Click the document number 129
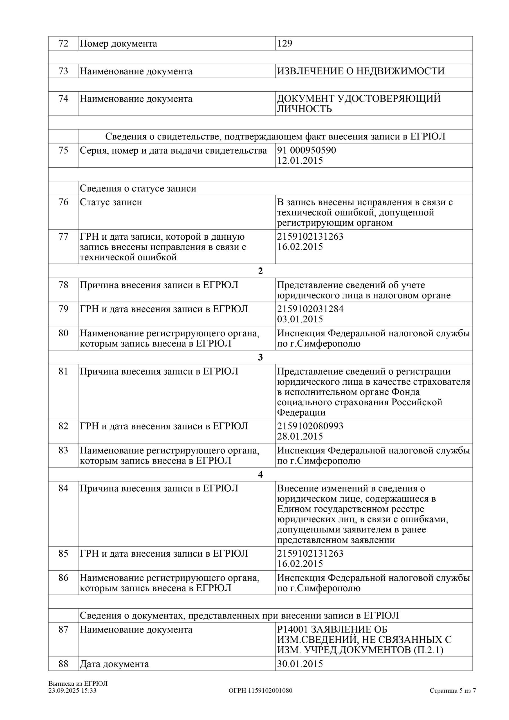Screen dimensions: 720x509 pyautogui.click(x=285, y=43)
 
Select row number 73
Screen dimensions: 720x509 pyautogui.click(x=63, y=71)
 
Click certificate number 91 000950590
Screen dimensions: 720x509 pyautogui.click(x=306, y=150)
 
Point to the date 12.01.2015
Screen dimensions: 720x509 pyautogui.click(x=300, y=161)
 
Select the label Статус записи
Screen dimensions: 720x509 pyautogui.click(x=111, y=202)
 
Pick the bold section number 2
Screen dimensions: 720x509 pyautogui.click(x=260, y=271)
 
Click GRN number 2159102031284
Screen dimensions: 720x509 pyautogui.click(x=310, y=309)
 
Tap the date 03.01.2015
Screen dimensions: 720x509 pyautogui.click(x=300, y=319)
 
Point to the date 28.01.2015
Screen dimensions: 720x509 pyautogui.click(x=300, y=436)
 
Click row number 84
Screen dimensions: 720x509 pyautogui.click(x=63, y=488)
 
